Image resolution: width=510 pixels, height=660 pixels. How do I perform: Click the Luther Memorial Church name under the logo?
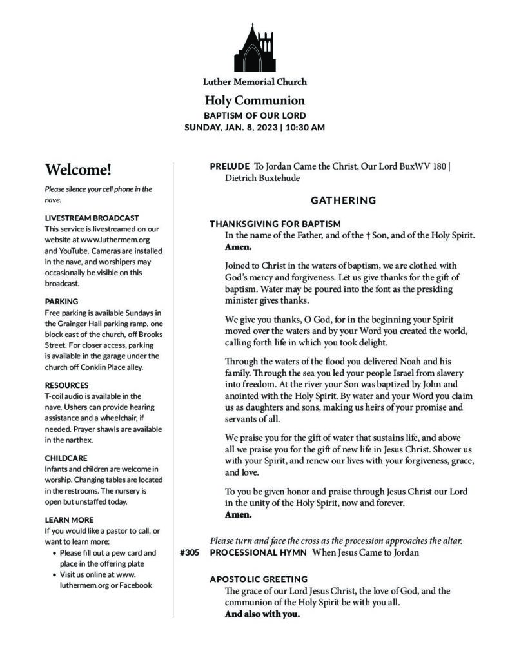click(x=255, y=82)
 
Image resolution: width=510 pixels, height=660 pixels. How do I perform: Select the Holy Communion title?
click(x=255, y=101)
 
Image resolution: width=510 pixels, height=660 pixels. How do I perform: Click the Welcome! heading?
click(x=78, y=170)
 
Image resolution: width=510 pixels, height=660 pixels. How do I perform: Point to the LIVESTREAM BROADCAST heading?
click(x=92, y=218)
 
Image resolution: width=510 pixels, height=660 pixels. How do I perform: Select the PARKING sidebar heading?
click(x=62, y=301)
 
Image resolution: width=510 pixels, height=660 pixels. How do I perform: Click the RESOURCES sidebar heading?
click(x=66, y=385)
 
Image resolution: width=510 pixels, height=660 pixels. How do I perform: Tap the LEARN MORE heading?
click(x=69, y=519)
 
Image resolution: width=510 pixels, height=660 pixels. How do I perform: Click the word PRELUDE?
click(x=230, y=166)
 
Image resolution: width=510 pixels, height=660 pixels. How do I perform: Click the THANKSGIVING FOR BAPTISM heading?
click(x=275, y=224)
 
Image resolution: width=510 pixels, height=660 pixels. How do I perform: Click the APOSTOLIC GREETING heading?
click(x=259, y=579)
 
